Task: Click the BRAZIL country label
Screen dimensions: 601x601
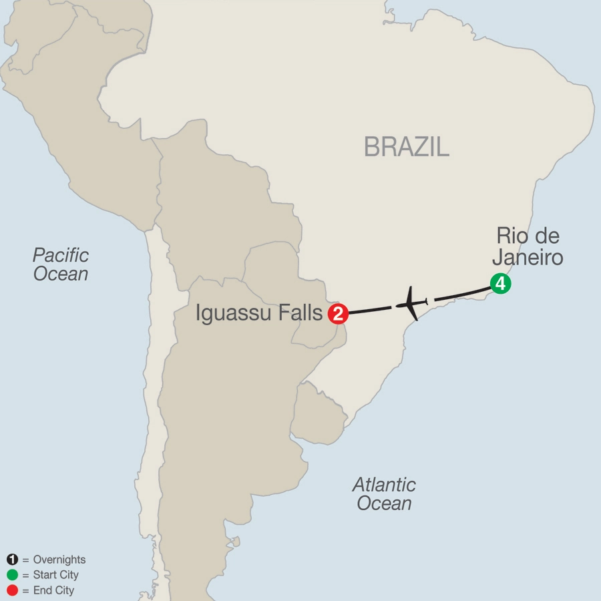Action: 406,147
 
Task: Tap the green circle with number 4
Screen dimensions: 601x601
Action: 500,284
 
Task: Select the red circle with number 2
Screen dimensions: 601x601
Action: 338,313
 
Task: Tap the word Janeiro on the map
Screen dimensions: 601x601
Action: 528,258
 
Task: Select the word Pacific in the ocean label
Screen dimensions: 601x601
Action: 61,254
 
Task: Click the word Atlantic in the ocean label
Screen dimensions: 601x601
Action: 384,484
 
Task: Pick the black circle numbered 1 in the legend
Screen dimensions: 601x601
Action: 11,560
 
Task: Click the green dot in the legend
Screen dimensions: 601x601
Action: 11,575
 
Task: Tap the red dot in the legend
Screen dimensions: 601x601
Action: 11,590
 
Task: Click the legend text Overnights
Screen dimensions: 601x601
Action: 59,560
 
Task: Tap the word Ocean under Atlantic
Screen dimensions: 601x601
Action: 384,504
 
